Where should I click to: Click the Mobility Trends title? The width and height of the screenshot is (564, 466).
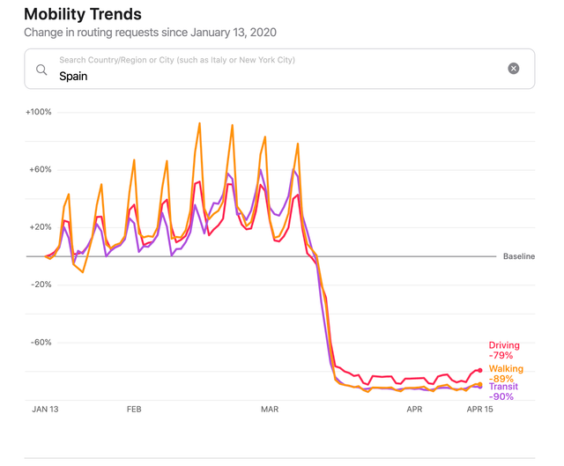tap(82, 14)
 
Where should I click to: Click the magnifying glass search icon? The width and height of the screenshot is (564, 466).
tap(41, 69)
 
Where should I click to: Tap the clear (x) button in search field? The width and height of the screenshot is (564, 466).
tap(514, 69)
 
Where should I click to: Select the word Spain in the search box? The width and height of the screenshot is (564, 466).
tap(73, 76)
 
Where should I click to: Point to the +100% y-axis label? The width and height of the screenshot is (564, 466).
tap(39, 112)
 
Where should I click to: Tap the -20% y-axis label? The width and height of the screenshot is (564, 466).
tap(40, 285)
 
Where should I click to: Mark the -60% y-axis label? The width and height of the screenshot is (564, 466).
tap(40, 343)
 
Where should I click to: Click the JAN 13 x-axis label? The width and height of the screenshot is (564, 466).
tap(45, 410)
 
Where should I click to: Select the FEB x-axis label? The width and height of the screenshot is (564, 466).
tap(134, 410)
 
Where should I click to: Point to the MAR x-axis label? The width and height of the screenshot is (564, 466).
tap(270, 410)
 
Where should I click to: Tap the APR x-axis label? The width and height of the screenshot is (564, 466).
tap(414, 410)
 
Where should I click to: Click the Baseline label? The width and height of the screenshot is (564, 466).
tap(518, 256)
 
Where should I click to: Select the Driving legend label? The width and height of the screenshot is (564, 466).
tap(504, 345)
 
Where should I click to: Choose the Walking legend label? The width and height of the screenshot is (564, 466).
tap(506, 369)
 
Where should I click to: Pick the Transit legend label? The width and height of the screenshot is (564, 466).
tap(503, 387)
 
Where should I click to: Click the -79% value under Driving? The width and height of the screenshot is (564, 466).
tap(501, 356)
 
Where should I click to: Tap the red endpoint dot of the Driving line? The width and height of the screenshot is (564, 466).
tap(480, 370)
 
